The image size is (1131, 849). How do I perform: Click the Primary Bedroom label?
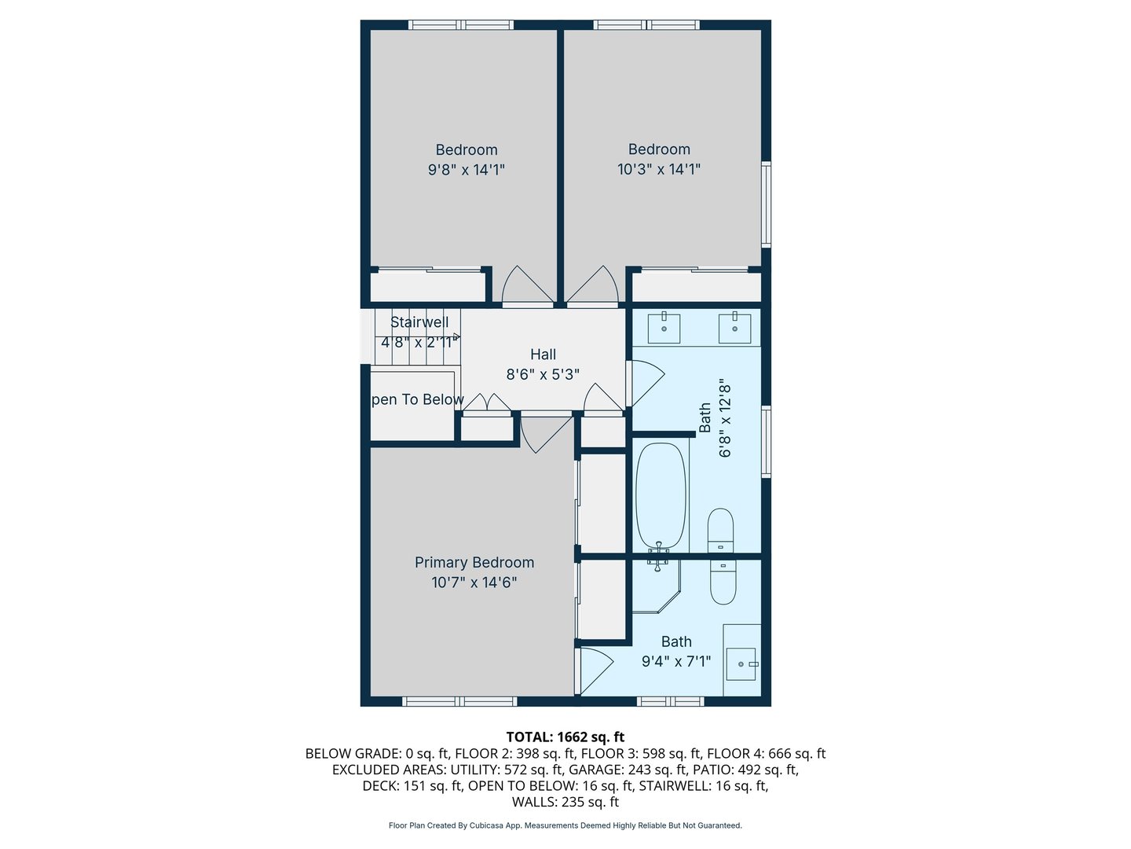coord(474,562)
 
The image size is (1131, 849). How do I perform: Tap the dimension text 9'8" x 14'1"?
coord(467,169)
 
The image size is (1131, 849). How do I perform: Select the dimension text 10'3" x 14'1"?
coord(659,169)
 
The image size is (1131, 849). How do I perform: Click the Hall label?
coord(543,355)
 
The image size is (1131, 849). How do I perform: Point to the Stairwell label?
coord(419,322)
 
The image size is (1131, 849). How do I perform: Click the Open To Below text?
coord(416,399)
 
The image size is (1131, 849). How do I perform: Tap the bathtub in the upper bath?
coord(661,495)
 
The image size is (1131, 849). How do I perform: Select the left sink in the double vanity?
coord(664,328)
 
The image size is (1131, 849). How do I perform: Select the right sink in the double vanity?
coord(735,328)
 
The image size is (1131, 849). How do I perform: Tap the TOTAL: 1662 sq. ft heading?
coord(565,737)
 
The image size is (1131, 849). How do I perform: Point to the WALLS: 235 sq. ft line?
coord(565,802)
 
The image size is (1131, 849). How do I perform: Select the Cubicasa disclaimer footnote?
coord(565,825)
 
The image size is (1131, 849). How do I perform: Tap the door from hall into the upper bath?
coord(645,381)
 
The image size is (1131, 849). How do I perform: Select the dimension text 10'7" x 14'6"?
coord(474,583)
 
